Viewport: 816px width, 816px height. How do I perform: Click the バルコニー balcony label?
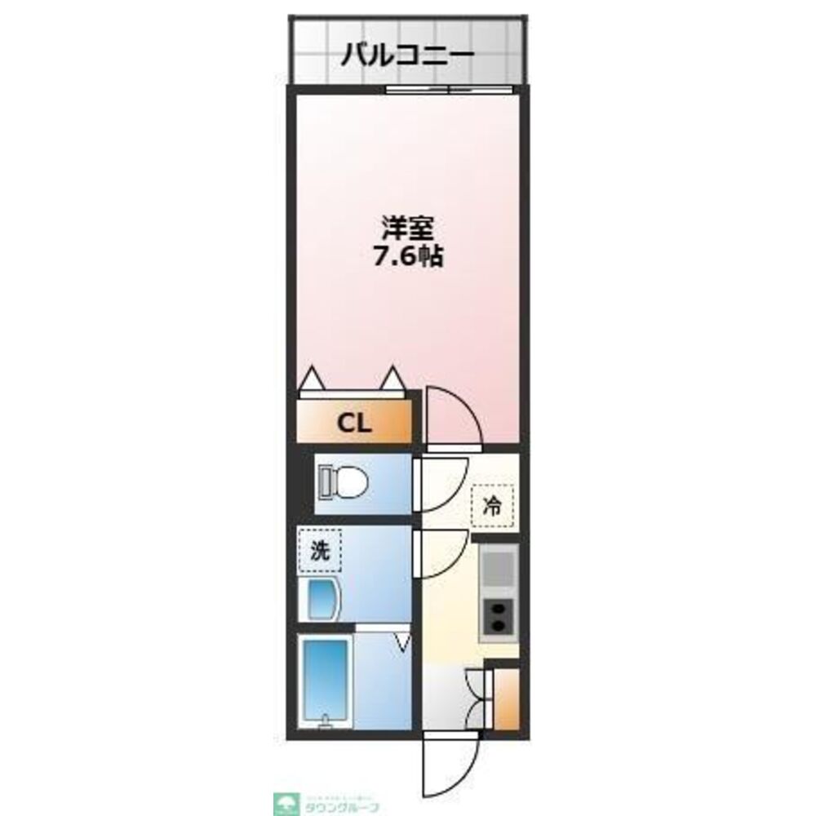click(407, 55)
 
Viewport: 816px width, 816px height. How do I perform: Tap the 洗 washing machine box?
click(320, 551)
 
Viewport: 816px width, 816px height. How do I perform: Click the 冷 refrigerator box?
click(492, 505)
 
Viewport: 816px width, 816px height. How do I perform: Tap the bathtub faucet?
click(326, 719)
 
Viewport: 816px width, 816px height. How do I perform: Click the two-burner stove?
click(498, 619)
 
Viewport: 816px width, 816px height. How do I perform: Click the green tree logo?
click(287, 802)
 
